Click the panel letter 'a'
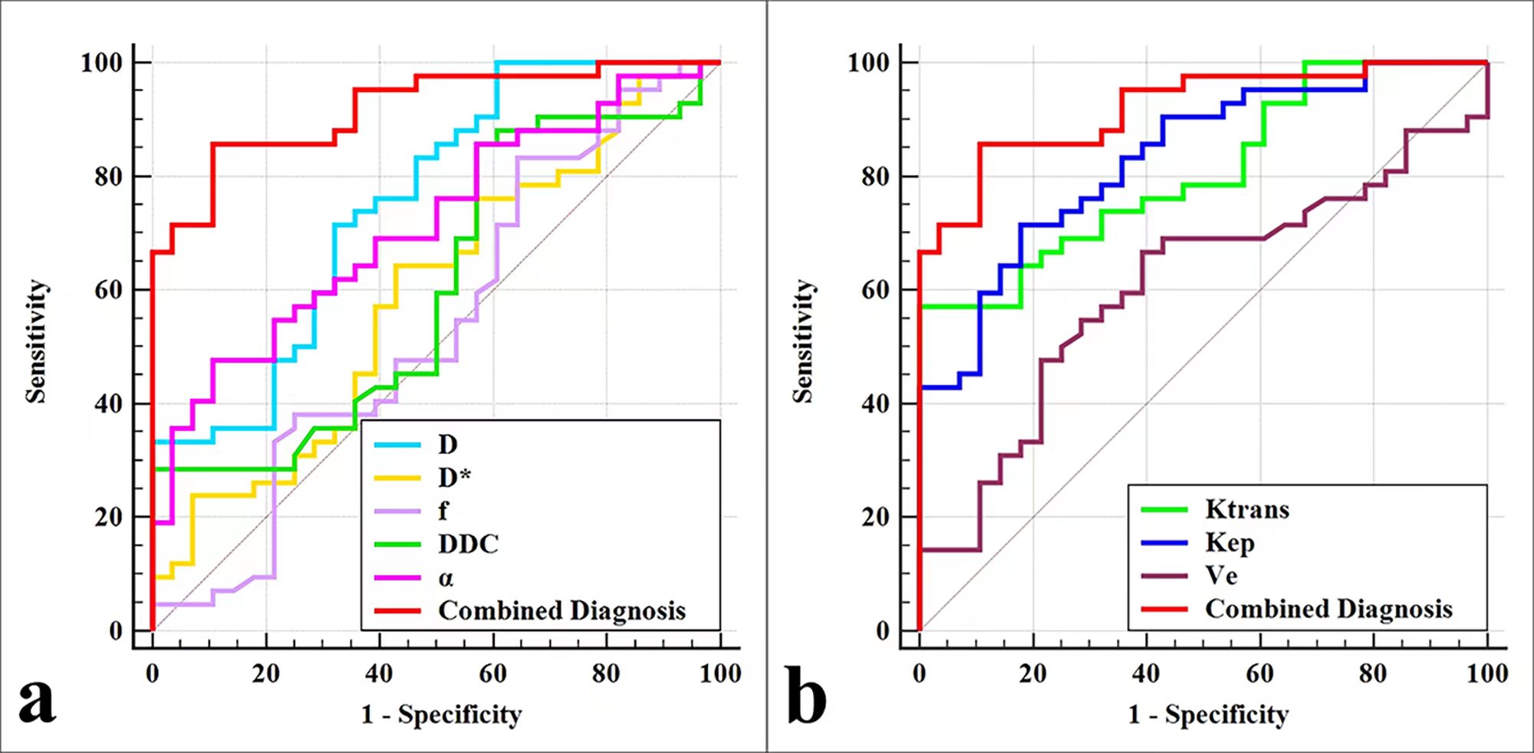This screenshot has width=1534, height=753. click(x=37, y=701)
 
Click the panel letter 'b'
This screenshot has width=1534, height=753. click(x=806, y=696)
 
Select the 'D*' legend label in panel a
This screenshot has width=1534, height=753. click(x=454, y=478)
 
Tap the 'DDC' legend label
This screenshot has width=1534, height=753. click(x=468, y=544)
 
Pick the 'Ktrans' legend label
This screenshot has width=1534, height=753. click(x=1247, y=509)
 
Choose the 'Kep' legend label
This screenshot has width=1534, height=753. click(x=1230, y=543)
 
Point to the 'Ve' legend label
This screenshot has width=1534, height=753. click(x=1221, y=575)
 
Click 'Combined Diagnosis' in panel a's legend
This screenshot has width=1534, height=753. click(x=561, y=611)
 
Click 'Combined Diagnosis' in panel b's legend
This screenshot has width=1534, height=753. click(x=1328, y=609)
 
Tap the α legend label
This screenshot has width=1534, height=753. click(x=446, y=578)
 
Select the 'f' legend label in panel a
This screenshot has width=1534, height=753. click(x=443, y=511)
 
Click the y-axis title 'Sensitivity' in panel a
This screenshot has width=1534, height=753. click(x=36, y=340)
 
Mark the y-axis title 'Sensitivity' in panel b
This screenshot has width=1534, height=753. click(x=802, y=340)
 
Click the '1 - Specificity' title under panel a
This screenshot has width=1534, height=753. click(x=441, y=715)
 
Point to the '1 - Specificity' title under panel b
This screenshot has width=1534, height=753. click(x=1208, y=715)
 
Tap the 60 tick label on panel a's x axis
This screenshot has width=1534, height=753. click(x=492, y=674)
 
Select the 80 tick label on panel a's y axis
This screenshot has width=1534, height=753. click(x=108, y=177)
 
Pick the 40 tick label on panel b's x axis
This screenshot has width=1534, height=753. click(x=1146, y=674)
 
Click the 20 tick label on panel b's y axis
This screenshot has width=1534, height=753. click(x=875, y=518)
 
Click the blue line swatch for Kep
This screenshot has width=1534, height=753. click(x=1164, y=543)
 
